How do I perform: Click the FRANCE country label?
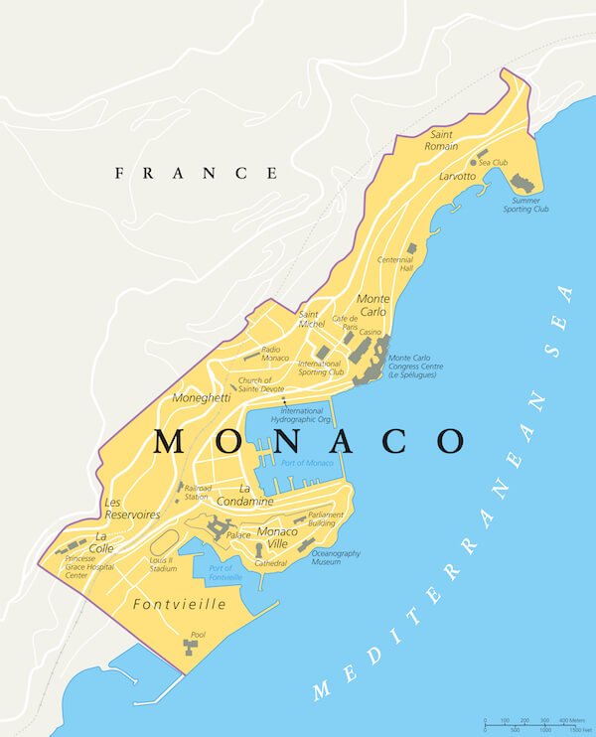coord(197,173)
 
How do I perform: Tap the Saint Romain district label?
coord(442,140)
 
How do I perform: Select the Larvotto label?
coord(457,176)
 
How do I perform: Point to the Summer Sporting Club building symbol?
coord(521,183)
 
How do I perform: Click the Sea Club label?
coord(493,162)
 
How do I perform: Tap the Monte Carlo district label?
coord(373,305)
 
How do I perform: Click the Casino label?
coord(371,332)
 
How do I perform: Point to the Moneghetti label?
coord(202,397)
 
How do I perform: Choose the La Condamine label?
coord(256,495)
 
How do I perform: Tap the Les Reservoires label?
coord(132,509)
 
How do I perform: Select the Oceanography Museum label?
coord(336,557)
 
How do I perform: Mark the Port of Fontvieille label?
coord(226,571)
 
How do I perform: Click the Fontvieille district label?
coord(179,604)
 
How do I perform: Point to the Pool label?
coord(199,633)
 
